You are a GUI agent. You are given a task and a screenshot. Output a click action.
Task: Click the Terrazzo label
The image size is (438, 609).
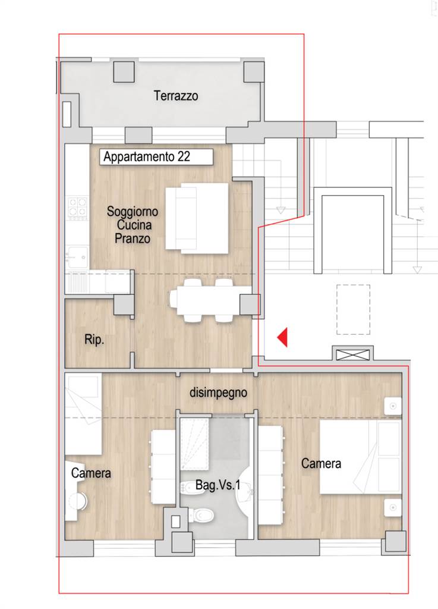coord(176,96)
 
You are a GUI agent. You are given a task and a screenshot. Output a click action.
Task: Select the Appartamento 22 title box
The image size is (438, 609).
coord(156,157)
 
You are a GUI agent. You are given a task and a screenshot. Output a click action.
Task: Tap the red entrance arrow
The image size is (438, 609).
coord(282,337)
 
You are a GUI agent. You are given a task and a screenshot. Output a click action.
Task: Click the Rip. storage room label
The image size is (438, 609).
coord(94,340)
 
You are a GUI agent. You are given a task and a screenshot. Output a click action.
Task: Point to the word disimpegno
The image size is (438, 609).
coord(218,393)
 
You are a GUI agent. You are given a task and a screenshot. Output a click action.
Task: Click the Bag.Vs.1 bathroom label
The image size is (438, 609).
coord(218,485)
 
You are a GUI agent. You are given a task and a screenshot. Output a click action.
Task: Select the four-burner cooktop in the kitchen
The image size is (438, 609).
coord(77,209)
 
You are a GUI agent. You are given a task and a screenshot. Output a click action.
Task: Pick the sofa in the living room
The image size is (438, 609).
coord(197,219)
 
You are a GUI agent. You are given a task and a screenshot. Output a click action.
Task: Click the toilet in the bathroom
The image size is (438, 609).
coord(201,516)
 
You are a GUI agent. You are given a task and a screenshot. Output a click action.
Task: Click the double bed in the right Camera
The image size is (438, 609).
coord(360,456)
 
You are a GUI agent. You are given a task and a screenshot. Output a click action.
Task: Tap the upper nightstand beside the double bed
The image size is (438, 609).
coord(393,406)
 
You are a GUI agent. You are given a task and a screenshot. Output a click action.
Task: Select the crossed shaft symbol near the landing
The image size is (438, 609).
coord(352,354)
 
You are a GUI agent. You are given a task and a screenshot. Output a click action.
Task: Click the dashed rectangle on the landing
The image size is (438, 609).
coord(353,309)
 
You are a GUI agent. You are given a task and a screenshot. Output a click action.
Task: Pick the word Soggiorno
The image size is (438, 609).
coord(133,212)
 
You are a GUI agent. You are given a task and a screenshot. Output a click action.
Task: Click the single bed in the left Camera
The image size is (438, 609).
coord(83,414)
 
